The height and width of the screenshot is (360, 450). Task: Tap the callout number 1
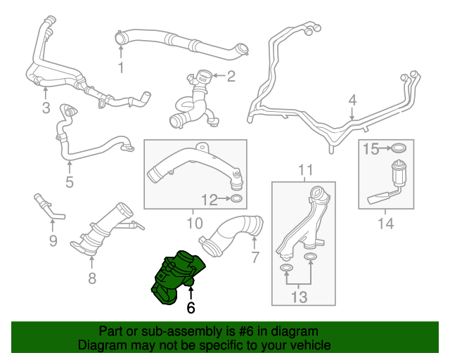[120, 67]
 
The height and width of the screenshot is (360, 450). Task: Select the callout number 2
[231, 75]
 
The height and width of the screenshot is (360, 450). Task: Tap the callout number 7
[255, 257]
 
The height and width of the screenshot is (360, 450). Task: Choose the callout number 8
[91, 279]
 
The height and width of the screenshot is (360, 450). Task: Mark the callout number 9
[53, 242]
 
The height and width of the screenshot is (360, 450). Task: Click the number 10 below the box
[194, 224]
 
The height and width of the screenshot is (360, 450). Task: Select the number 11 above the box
[304, 170]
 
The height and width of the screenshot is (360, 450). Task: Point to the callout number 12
[209, 200]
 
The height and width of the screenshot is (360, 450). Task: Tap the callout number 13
[299, 297]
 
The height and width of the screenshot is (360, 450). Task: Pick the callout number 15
[371, 148]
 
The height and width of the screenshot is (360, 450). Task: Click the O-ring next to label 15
[399, 148]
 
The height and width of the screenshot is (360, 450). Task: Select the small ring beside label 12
[237, 200]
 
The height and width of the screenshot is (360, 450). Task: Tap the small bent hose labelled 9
[48, 206]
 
